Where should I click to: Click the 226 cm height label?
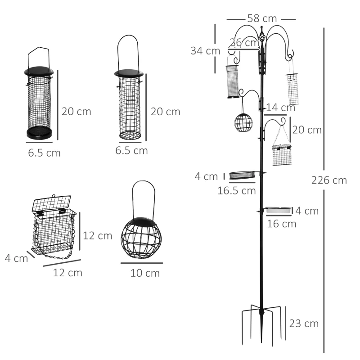(329, 180)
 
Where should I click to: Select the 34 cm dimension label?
(205, 51)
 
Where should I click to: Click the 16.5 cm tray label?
(237, 190)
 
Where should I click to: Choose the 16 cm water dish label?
(282, 224)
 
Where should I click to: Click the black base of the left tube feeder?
(40, 132)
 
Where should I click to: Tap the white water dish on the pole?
(278, 210)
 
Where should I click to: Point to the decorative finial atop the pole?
(261, 34)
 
